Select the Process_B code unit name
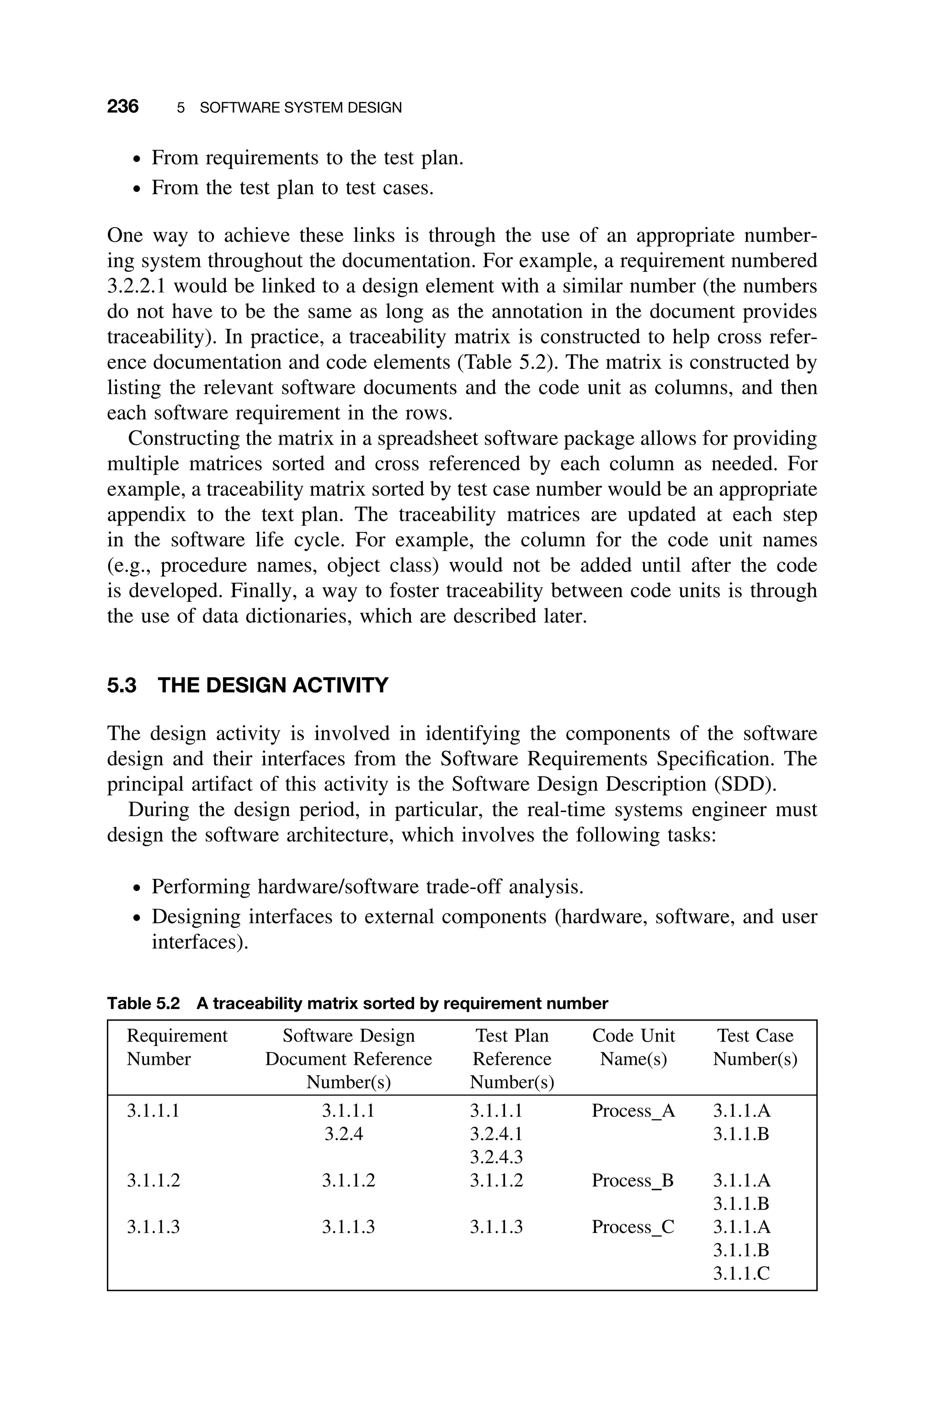(632, 1180)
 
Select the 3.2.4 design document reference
(344, 1134)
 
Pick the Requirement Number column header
(177, 1047)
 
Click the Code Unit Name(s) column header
(633, 1047)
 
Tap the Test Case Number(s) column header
(755, 1047)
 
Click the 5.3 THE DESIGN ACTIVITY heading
(247, 685)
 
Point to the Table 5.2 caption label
(143, 1004)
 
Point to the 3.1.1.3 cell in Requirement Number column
(154, 1227)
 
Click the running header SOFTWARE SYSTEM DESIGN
(300, 108)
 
